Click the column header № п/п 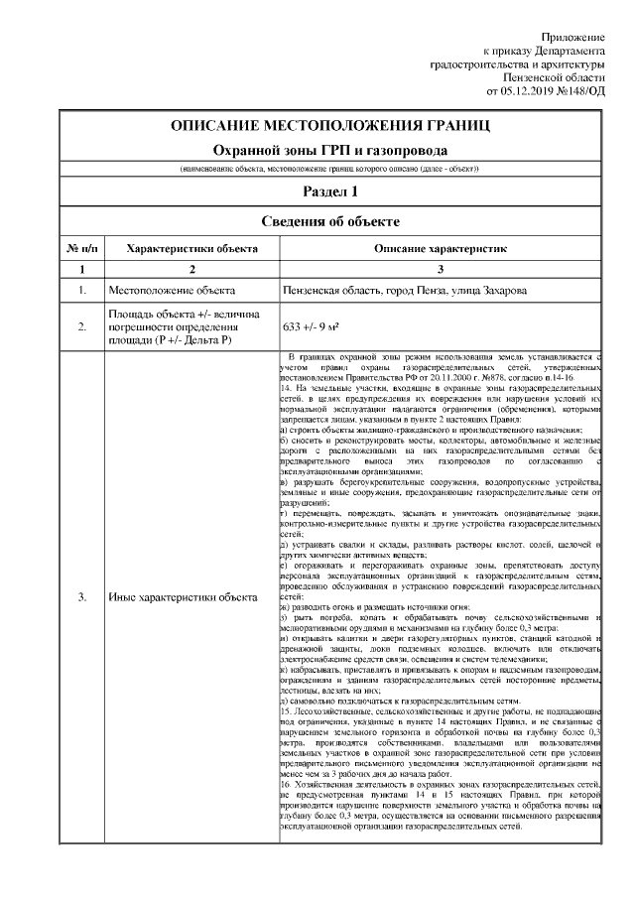[81, 248]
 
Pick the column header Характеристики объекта [192, 248]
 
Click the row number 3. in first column [81, 597]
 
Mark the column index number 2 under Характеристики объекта [192, 269]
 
